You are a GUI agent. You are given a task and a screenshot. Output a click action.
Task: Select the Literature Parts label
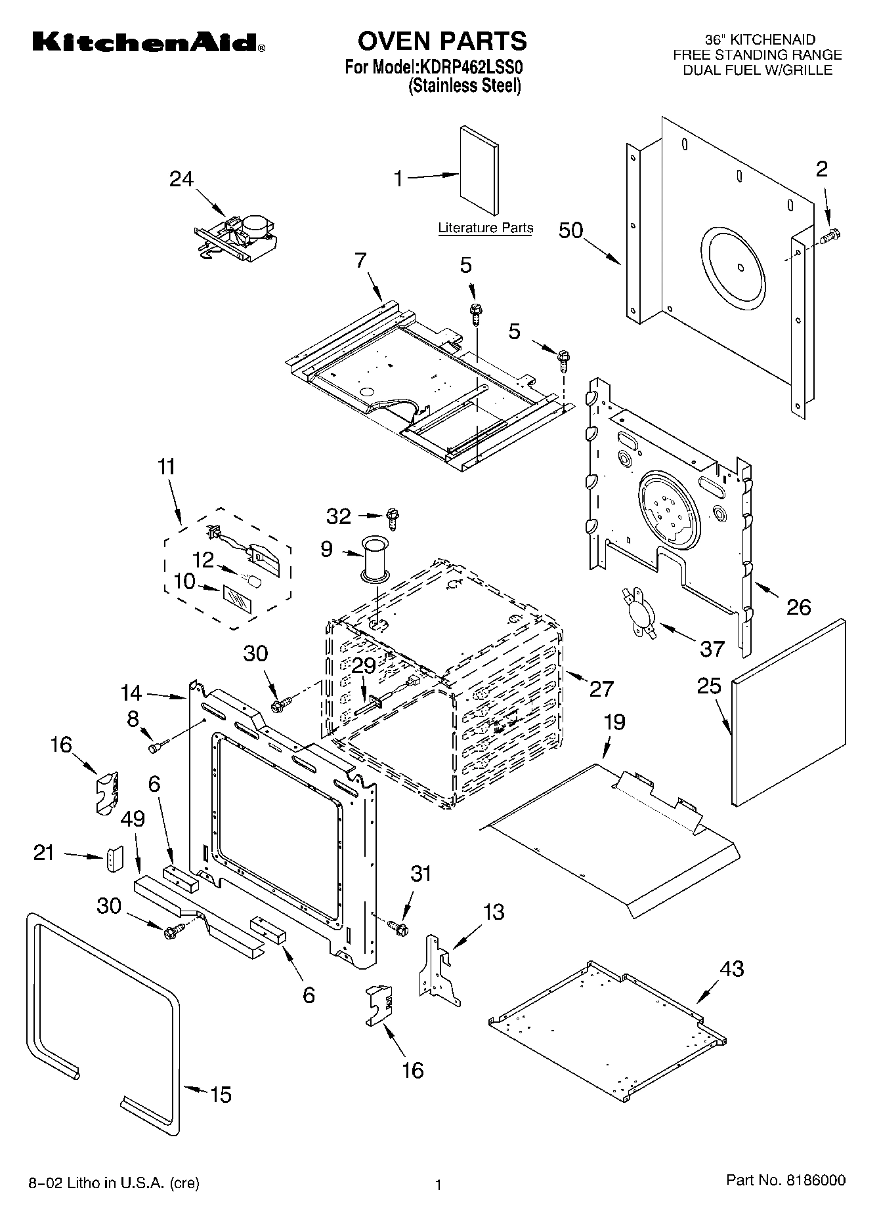tap(485, 228)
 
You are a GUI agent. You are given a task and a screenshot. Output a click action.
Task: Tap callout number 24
tap(181, 179)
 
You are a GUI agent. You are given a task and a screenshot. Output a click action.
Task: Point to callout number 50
tap(570, 231)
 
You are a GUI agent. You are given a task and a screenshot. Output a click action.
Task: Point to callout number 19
tap(614, 722)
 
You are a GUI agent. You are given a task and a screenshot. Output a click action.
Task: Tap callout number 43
tap(732, 968)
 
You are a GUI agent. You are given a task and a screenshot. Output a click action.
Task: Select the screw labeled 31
tap(398, 928)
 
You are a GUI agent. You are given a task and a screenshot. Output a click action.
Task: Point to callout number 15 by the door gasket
tap(221, 1094)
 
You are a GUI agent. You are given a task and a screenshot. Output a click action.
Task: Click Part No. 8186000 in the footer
tap(785, 1180)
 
